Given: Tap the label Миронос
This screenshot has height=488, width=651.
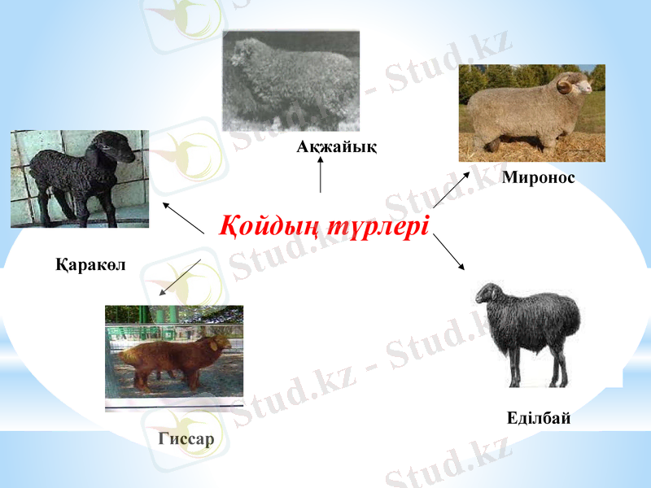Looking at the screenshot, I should coord(539,177).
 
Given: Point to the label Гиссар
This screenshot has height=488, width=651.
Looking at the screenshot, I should coord(186,440).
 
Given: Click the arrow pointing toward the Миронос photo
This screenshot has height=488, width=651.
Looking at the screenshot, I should coord(451,190).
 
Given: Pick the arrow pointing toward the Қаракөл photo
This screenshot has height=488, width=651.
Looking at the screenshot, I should coord(183,217).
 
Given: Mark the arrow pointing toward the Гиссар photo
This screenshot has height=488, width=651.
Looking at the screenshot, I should coord(180,277).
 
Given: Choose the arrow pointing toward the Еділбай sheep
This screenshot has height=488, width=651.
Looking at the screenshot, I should coord(448,252).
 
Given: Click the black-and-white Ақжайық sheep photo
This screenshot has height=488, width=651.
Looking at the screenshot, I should coord(291,81).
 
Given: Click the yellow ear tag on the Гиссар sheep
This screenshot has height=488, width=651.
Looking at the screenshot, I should coord(216,344).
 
